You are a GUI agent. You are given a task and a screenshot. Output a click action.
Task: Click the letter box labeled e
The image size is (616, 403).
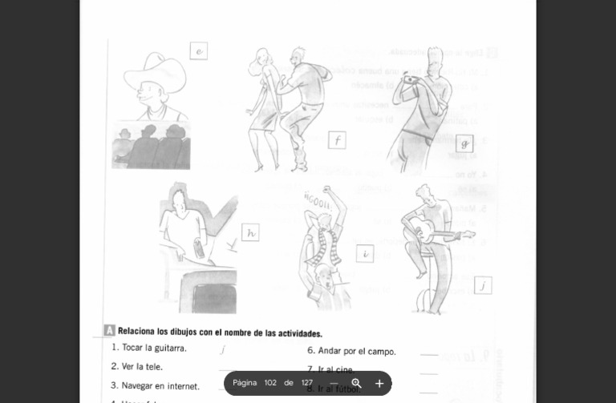coord(199,51)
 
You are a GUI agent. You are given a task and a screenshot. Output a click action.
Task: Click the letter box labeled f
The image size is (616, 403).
coord(337,140)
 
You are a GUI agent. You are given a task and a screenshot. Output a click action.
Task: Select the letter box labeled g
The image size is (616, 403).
coord(464,143)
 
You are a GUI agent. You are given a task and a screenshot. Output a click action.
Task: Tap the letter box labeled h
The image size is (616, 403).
coord(250,232)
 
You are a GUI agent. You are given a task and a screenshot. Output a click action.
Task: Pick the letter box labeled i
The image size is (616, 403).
coord(365,254)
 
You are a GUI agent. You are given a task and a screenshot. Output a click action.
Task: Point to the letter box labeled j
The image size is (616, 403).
coord(483,285)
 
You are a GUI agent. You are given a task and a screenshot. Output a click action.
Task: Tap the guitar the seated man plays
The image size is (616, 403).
coord(437,233)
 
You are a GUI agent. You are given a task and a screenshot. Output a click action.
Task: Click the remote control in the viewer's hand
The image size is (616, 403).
coord(198,249)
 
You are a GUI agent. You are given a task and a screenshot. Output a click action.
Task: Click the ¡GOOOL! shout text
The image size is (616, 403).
coord(318,199)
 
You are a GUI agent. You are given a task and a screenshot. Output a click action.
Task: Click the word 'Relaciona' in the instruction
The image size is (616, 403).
coord(136,332)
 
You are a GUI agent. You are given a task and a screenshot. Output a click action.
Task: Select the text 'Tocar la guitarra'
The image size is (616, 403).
coord(154,348)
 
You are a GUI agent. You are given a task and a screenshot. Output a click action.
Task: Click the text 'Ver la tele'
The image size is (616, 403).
coord(142,366)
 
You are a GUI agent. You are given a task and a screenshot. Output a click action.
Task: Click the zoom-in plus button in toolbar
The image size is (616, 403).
coord(379,383)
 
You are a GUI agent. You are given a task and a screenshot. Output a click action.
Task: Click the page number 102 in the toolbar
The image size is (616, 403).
coord(270,383)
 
